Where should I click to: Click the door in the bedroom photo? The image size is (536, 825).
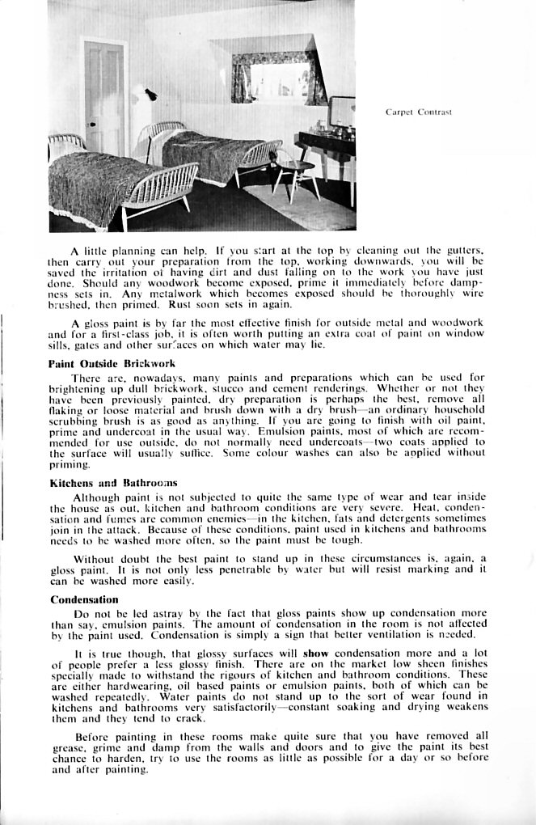click(104, 97)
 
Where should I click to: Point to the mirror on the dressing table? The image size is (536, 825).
click(341, 113)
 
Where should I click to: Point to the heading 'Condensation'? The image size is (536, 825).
click(84, 599)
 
